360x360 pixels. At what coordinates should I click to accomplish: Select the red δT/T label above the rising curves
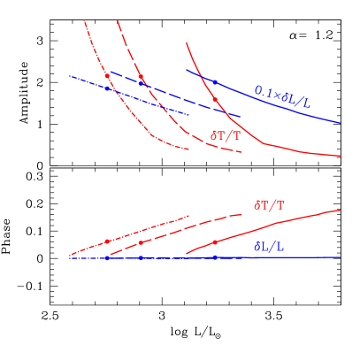[269, 204]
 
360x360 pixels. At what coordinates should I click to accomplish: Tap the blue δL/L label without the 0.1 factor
[269, 247]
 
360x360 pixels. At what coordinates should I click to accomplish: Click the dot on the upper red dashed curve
[141, 78]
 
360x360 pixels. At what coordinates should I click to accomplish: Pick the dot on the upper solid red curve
[214, 99]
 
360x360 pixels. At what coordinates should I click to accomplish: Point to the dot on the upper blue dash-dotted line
[107, 88]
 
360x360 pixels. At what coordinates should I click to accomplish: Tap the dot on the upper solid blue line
[214, 81]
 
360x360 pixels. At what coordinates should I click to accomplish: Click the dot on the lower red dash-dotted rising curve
[107, 241]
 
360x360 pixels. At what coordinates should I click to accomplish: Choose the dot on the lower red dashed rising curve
[141, 242]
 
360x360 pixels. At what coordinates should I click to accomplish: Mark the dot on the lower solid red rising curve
[214, 242]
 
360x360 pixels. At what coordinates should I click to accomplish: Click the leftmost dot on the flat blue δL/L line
[107, 258]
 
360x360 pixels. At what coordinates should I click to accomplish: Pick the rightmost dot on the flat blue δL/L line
[214, 257]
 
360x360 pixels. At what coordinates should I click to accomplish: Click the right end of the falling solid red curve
[341, 157]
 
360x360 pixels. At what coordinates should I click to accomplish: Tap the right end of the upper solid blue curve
[341, 123]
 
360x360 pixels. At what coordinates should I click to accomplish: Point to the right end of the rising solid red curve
[341, 211]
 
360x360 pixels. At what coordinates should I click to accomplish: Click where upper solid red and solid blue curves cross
[202, 77]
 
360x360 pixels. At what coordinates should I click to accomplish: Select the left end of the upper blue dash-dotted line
[70, 76]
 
